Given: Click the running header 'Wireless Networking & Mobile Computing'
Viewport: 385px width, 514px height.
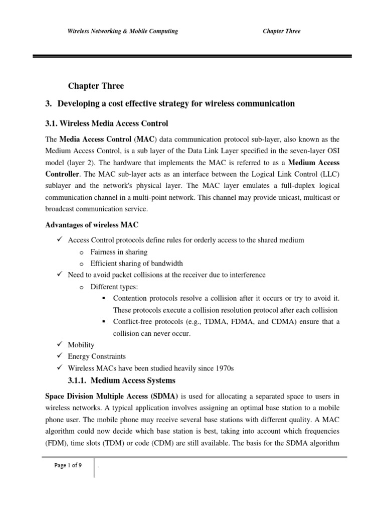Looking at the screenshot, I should [x=123, y=31].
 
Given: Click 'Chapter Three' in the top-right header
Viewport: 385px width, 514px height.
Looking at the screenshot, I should [x=281, y=31].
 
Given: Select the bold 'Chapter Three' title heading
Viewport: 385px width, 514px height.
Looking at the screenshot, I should [x=95, y=86].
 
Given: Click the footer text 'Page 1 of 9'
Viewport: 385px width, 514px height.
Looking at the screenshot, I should [x=68, y=465].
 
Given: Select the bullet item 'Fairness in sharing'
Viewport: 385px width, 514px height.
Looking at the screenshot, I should [x=119, y=252].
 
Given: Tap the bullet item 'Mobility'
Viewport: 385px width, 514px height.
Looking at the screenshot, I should [x=81, y=345].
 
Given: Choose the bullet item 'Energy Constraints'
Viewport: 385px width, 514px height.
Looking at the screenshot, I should [x=97, y=356].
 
